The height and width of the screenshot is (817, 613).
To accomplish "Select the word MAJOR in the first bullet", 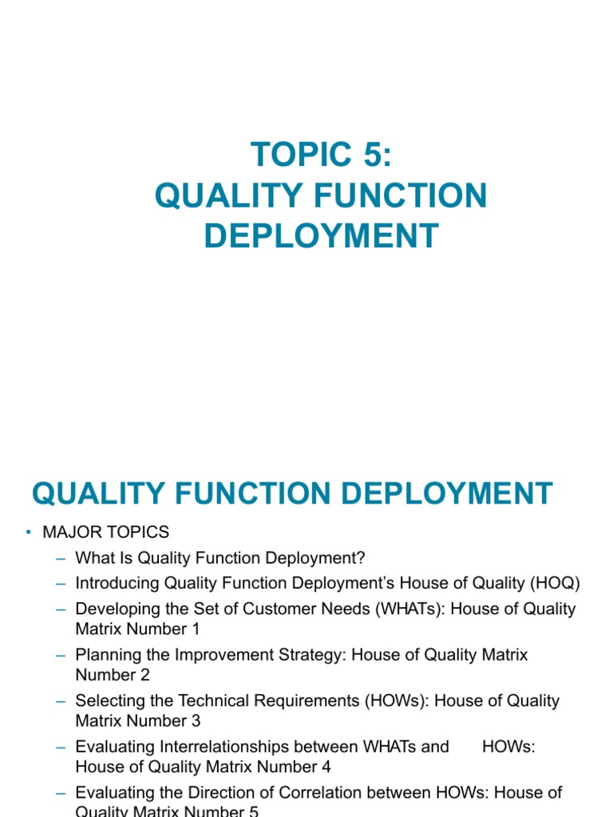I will click(x=67, y=532).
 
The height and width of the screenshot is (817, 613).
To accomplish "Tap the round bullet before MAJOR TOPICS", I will click(x=28, y=532).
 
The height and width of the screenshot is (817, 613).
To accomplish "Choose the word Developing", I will click(x=114, y=609).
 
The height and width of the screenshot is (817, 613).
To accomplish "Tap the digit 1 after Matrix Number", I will click(x=195, y=629).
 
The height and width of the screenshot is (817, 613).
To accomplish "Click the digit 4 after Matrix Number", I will click(x=326, y=767).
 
